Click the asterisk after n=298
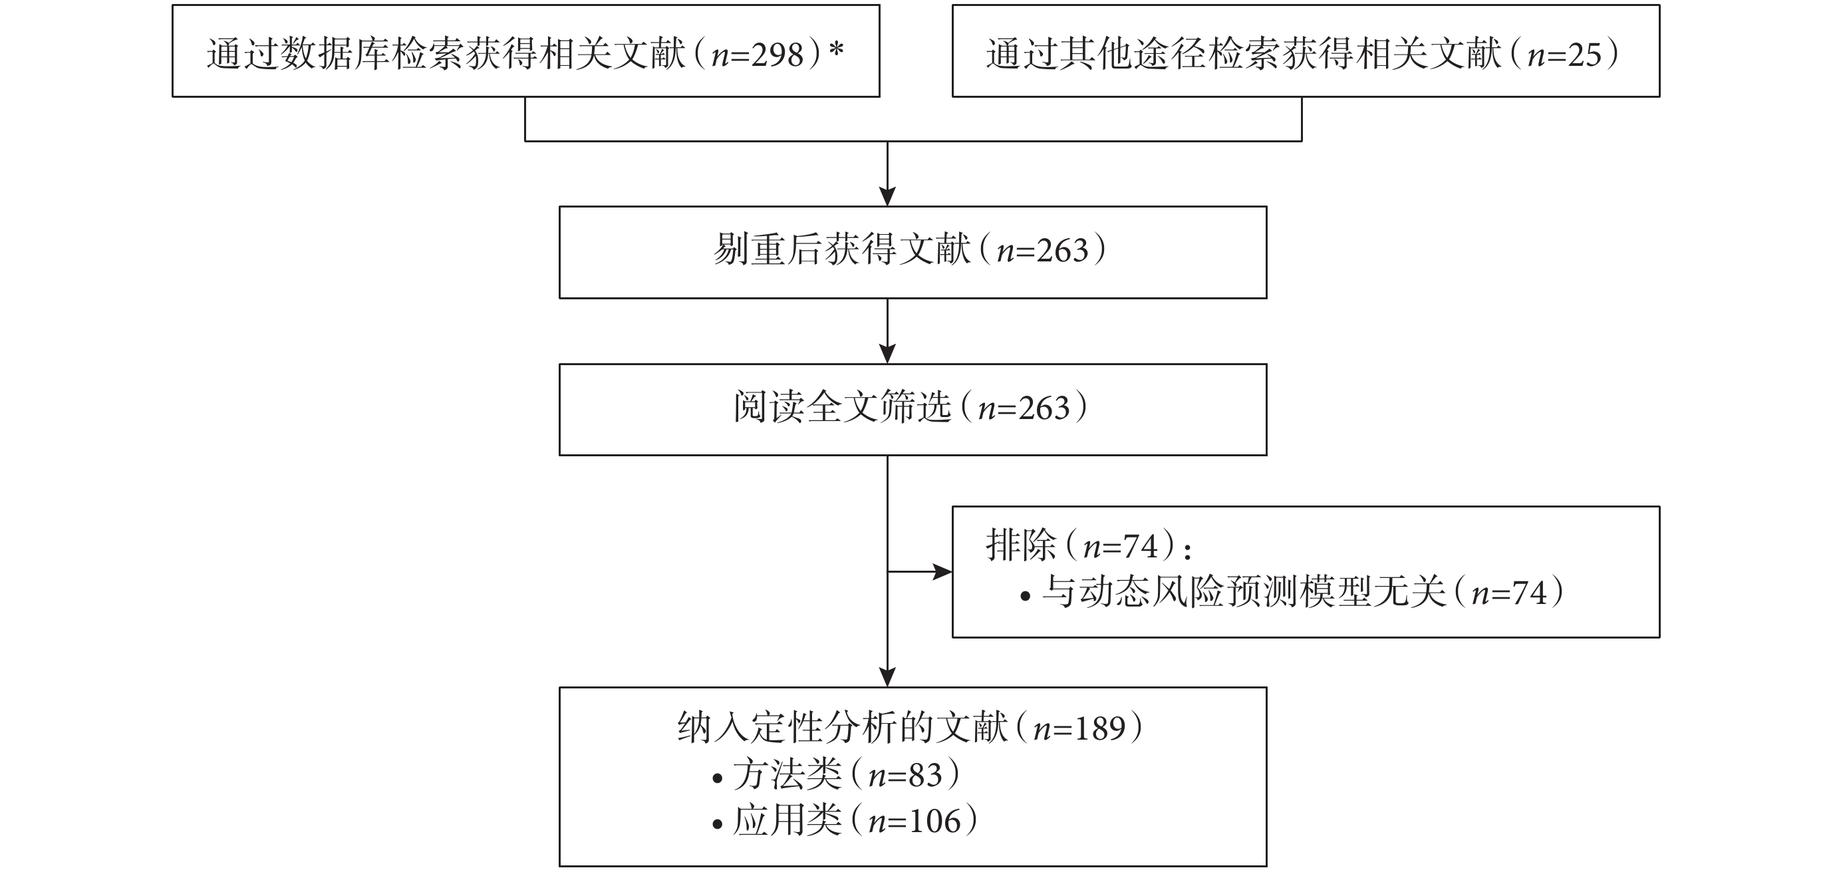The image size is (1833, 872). pyautogui.click(x=836, y=50)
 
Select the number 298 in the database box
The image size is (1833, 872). pyautogui.click(x=777, y=55)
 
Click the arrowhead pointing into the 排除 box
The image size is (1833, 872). pyautogui.click(x=943, y=571)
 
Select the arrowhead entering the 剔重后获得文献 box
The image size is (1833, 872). pyautogui.click(x=887, y=196)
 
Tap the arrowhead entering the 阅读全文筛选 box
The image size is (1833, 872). pyautogui.click(x=887, y=354)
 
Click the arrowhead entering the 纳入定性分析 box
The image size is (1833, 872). pyautogui.click(x=887, y=677)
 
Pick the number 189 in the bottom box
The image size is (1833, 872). pyautogui.click(x=1100, y=728)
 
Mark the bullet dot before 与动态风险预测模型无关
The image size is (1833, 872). pyautogui.click(x=1026, y=596)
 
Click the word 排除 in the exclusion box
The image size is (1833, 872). pyautogui.click(x=1021, y=546)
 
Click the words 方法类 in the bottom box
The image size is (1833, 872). pyautogui.click(x=787, y=774)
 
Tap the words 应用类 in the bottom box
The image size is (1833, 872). pyautogui.click(x=787, y=821)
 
